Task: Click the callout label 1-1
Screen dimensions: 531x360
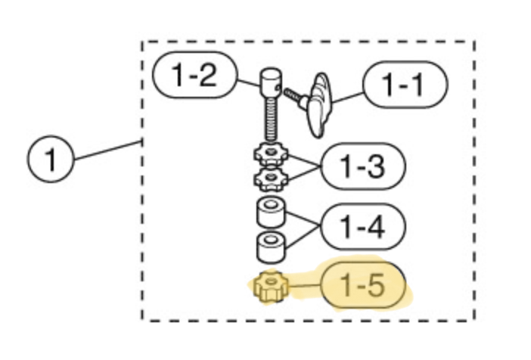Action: (x=405, y=85)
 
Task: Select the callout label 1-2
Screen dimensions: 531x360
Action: (x=194, y=75)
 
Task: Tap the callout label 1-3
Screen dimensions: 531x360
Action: (x=362, y=166)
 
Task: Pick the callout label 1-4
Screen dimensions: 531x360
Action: (x=362, y=227)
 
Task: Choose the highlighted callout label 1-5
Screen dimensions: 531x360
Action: (x=362, y=285)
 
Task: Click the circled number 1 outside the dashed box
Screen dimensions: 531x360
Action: (x=51, y=159)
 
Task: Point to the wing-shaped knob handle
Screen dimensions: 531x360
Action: (x=318, y=105)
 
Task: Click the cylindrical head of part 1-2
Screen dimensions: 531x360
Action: (x=271, y=82)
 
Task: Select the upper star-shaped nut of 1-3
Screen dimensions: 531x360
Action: (x=271, y=154)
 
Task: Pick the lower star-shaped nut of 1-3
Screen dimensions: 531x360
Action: (x=271, y=178)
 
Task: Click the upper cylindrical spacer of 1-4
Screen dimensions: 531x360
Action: (x=271, y=213)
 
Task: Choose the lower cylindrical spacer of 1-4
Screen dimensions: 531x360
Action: (x=271, y=247)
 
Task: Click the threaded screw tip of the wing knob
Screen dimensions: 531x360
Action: (x=292, y=95)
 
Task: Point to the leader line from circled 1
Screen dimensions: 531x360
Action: (x=107, y=151)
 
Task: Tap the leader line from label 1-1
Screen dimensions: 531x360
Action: (x=348, y=98)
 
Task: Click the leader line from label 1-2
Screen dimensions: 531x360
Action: (x=249, y=83)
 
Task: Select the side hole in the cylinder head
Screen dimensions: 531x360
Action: (x=278, y=88)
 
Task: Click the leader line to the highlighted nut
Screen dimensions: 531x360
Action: (x=304, y=286)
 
